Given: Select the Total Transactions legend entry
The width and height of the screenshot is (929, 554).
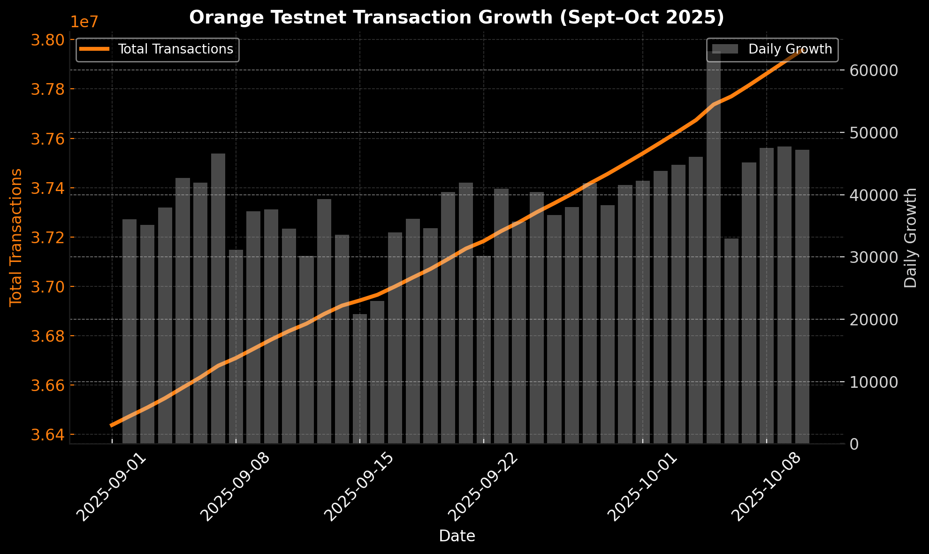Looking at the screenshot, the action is [x=157, y=49].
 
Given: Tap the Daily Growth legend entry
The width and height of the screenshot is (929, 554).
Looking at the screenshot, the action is [x=772, y=49].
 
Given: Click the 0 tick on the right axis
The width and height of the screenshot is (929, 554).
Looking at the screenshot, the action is [x=855, y=444].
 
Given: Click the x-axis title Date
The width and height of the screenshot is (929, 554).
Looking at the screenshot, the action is [x=457, y=536].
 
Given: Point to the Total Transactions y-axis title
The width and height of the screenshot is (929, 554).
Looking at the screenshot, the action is [x=16, y=237].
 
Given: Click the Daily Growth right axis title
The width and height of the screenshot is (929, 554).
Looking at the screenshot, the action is [x=911, y=238].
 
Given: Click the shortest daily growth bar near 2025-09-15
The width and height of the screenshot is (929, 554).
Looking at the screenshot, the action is [x=360, y=379].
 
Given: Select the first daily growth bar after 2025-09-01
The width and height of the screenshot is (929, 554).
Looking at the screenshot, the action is [x=129, y=331].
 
